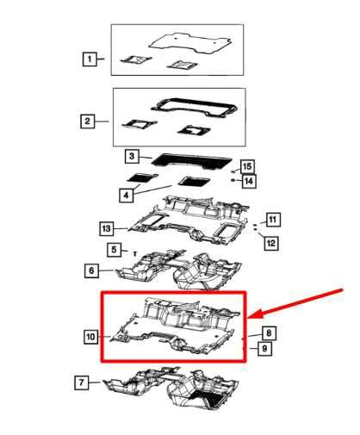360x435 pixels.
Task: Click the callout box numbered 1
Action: (89, 59)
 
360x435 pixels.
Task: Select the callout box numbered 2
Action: (88, 121)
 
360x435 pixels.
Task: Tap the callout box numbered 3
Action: (132, 157)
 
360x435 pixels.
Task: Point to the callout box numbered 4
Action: (127, 196)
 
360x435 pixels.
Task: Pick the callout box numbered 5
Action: (114, 250)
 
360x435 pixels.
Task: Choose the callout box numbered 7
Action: (82, 382)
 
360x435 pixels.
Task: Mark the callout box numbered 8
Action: (269, 332)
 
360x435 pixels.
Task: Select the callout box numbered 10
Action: (90, 338)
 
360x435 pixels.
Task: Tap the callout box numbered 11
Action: (272, 220)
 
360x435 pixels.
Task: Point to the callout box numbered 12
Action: (270, 244)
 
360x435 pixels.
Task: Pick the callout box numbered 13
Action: (106, 228)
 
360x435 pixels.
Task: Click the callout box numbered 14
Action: (248, 181)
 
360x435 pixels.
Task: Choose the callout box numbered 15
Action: (247, 166)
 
